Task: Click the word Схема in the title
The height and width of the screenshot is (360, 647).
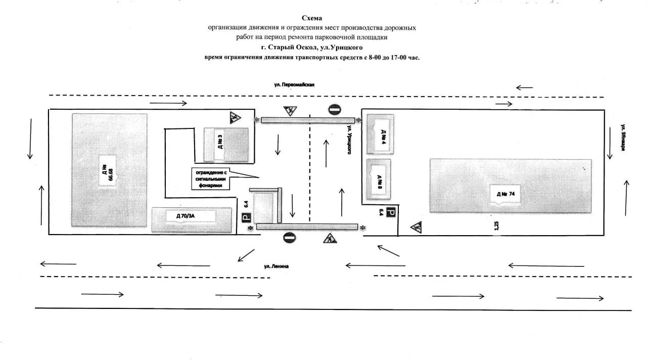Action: click(x=312, y=18)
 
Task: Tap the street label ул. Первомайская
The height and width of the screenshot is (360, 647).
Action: click(x=294, y=84)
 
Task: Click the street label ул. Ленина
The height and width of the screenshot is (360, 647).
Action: click(x=276, y=266)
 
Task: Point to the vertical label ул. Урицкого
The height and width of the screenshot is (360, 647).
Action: click(x=349, y=140)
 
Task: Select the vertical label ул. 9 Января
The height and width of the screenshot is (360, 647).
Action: click(x=623, y=137)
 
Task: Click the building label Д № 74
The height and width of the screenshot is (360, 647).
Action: click(x=505, y=194)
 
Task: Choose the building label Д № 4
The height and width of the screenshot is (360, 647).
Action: click(x=384, y=137)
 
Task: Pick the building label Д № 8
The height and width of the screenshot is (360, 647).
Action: click(x=380, y=182)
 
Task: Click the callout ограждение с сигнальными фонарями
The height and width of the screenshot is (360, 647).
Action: click(x=211, y=179)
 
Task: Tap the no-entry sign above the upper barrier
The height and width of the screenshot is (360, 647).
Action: click(x=335, y=110)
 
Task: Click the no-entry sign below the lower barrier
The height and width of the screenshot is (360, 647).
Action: click(x=290, y=238)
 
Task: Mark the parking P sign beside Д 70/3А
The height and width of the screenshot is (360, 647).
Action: click(x=246, y=217)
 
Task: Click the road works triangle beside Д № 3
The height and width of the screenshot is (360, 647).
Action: click(x=235, y=118)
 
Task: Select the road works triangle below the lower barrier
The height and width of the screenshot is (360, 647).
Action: click(x=330, y=238)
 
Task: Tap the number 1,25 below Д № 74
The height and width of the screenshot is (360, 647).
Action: click(x=496, y=226)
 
